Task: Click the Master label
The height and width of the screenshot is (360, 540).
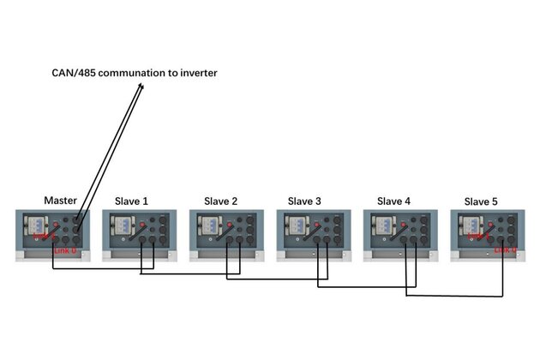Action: [61, 201]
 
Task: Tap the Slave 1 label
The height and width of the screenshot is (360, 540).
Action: [131, 201]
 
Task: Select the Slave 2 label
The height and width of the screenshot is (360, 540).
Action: [220, 201]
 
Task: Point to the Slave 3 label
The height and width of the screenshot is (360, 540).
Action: [304, 201]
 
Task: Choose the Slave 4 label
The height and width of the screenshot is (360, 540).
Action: [393, 201]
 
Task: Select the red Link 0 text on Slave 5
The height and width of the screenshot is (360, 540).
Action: [506, 250]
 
